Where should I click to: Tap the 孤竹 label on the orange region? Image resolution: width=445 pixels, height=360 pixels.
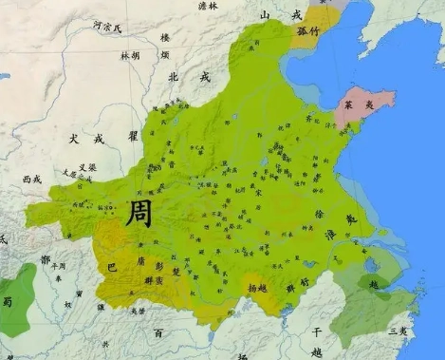pos(308,29)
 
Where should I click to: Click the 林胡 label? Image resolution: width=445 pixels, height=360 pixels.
pos(130,56)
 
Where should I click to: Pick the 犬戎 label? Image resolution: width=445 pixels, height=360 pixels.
pos(84,138)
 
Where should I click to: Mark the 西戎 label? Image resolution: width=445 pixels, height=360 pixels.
pos(32,178)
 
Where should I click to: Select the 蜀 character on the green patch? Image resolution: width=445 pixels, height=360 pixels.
pos(8,301)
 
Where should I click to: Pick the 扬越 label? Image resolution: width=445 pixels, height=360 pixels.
pos(258,286)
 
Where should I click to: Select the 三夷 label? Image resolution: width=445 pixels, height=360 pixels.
pos(399,332)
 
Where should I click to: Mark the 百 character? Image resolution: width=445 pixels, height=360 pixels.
pos(158,333)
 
